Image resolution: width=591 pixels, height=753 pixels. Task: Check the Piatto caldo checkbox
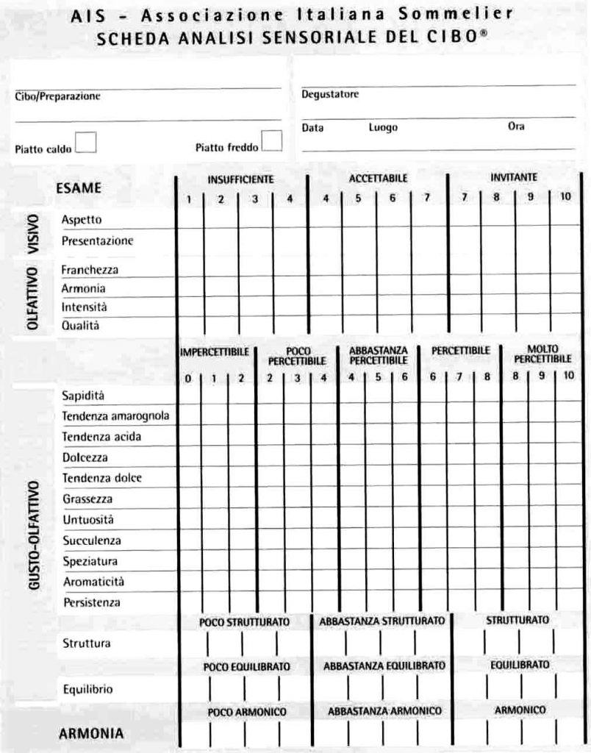pos(86,141)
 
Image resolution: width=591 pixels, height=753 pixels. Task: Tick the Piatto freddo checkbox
pos(272,140)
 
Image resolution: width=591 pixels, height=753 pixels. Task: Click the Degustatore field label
pos(330,95)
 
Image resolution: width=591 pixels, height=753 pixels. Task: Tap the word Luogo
pos(383,127)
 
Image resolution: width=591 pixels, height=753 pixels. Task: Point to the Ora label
pos(516,126)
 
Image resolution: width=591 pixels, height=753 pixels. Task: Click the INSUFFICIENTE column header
pos(240,179)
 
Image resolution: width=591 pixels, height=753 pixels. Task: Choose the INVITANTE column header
pos(514,177)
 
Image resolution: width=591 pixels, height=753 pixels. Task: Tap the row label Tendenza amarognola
pos(115,416)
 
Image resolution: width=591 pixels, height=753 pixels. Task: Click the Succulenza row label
pos(92,540)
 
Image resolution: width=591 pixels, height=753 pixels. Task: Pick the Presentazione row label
pos(97,240)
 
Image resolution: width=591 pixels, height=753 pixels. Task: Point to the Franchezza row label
pos(90,270)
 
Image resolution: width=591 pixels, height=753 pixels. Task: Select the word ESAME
pos(78,188)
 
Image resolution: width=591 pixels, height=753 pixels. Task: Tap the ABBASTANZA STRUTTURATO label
pos(382,621)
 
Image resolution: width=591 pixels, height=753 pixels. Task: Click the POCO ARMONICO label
pos(246,713)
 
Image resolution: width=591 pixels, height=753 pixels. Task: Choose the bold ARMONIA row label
pos(91,733)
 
